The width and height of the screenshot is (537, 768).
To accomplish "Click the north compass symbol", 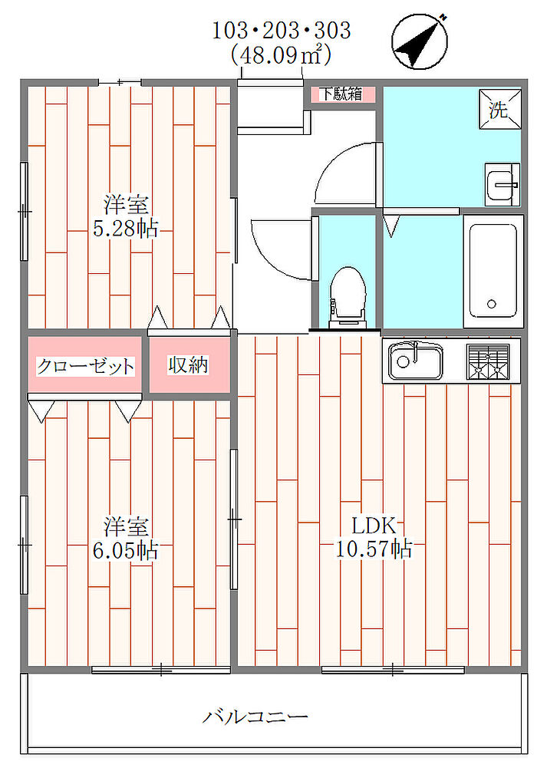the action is coord(420,41).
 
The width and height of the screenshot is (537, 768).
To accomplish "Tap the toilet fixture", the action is coord(348,297).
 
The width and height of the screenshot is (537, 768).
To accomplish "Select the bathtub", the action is coord(493,271).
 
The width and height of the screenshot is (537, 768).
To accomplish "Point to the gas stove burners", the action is coord(488,362).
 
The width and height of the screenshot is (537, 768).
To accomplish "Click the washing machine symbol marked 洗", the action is coord(500,109).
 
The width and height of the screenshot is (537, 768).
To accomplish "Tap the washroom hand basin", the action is coord(502,184).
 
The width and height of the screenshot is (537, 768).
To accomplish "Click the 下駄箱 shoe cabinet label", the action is coord(341,94).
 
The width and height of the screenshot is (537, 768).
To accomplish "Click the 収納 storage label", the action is coord(189,365).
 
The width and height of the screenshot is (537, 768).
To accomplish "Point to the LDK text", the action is coord(374,526).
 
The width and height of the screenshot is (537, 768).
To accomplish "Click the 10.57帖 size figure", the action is coord(374,549).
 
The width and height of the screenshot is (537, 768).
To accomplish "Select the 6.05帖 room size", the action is coord(125,551).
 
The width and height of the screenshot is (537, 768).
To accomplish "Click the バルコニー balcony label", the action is coord(255,717).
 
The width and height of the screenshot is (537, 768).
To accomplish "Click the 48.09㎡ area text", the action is coord(281,55).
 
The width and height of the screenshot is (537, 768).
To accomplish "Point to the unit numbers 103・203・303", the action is coord(282,31).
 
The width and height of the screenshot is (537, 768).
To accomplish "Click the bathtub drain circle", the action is coord(492,304).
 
